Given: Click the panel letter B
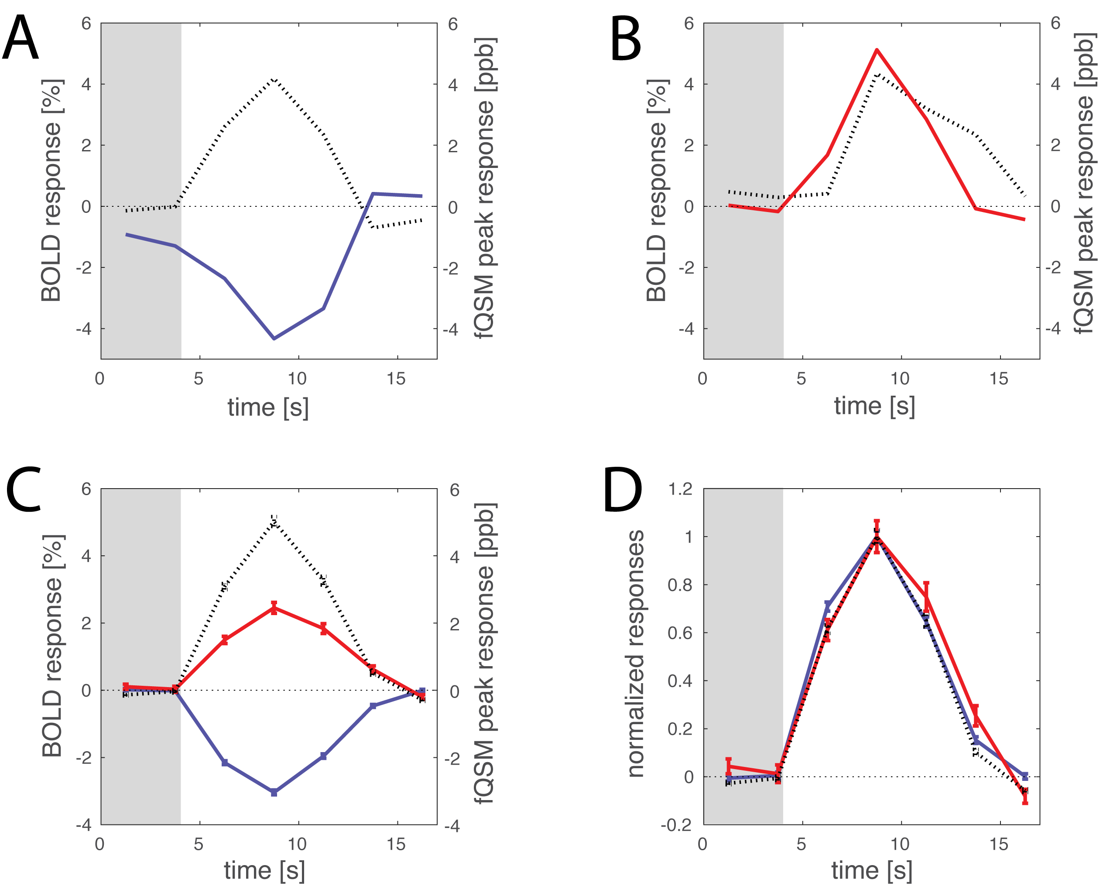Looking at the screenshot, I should click(626, 38).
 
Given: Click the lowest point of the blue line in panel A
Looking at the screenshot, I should click(274, 338).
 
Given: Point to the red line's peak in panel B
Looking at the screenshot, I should click(877, 50).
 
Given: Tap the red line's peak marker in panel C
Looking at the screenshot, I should click(274, 608).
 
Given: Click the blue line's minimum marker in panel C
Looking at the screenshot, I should click(274, 792).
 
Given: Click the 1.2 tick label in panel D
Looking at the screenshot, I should click(680, 489).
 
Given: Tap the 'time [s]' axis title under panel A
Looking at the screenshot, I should click(268, 407).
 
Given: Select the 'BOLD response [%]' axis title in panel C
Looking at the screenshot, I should click(52, 646).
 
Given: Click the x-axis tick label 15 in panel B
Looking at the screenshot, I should click(999, 379).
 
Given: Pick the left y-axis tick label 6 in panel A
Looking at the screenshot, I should click(86, 24).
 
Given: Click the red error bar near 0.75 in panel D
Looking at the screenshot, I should click(926, 597).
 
